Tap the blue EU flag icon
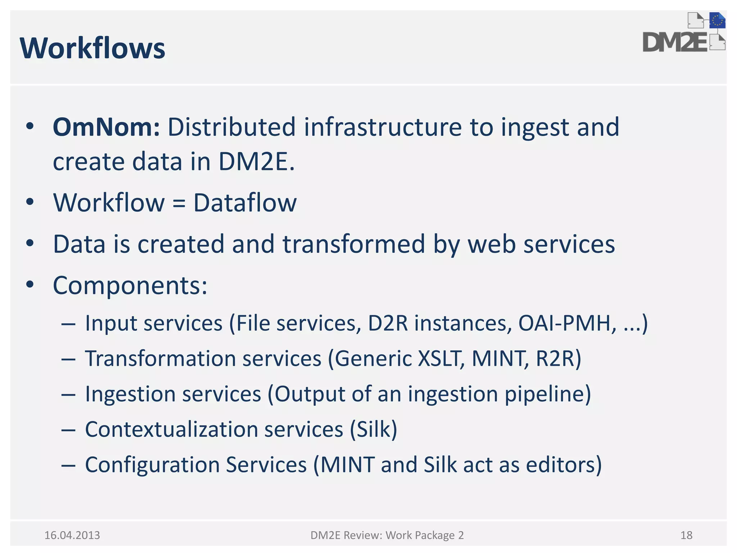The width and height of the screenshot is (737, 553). click(x=717, y=21)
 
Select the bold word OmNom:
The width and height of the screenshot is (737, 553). click(x=106, y=127)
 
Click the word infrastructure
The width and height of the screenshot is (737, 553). click(x=383, y=127)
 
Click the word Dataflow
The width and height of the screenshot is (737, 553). click(x=245, y=203)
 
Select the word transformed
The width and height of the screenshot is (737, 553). click(x=353, y=244)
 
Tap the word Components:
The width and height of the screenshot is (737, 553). click(x=130, y=286)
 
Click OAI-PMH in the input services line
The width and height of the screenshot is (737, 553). click(x=564, y=323)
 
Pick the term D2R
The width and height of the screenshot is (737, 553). click(x=388, y=323)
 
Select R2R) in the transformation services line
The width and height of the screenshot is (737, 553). click(x=558, y=359)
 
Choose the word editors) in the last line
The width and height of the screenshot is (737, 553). click(x=564, y=464)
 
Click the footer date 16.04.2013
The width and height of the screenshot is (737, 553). click(x=72, y=535)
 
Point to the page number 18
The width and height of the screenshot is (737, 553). click(x=686, y=535)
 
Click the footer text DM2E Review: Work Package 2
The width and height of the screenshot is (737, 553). click(x=387, y=535)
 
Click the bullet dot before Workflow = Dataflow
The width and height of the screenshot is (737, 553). click(x=30, y=202)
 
